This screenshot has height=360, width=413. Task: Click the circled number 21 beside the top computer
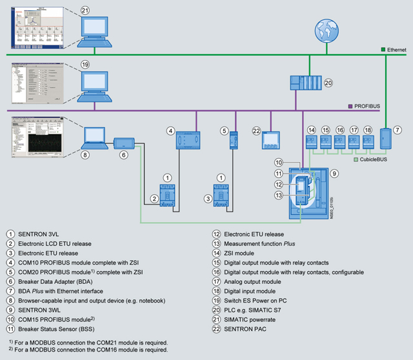coord(85,11)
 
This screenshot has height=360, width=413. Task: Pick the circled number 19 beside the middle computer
coord(85,65)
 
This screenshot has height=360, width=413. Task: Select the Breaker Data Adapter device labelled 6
coord(124,143)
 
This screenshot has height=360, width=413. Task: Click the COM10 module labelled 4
coord(188,141)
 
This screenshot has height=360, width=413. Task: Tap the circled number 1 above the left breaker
coord(167,177)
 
